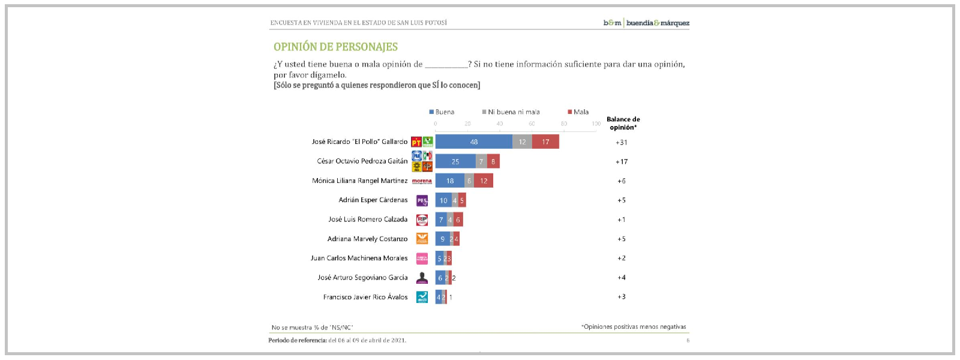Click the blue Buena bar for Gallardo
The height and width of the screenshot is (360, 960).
coord(473,142)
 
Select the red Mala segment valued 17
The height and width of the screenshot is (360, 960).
coord(545,142)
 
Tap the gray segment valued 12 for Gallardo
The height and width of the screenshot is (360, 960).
coord(522,142)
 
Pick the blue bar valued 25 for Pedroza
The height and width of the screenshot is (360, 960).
coord(455,161)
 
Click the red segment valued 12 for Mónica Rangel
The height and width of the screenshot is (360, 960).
coord(484,181)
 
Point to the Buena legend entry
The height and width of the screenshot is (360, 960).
coord(442,112)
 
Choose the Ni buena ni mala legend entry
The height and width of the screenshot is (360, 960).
coord(511,112)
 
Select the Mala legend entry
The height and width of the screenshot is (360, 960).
coord(578,112)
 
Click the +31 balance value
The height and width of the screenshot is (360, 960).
coord(622,143)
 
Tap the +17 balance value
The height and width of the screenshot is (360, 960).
coord(622,162)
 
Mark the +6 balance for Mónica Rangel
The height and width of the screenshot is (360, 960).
coord(622,181)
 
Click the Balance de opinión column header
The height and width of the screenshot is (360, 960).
coord(623,123)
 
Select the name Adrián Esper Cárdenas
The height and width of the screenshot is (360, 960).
coord(373,200)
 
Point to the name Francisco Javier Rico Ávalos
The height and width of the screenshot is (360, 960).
coord(365,297)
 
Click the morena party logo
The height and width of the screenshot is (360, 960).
coord(422,181)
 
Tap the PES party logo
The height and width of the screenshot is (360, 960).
coord(422,200)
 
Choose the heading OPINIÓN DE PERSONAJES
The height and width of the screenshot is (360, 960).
coord(335,47)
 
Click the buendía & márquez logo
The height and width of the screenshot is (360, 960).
coord(646,23)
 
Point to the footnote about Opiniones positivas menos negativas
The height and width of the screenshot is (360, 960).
coord(634,327)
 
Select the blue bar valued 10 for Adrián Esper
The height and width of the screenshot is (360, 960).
coord(443,200)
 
